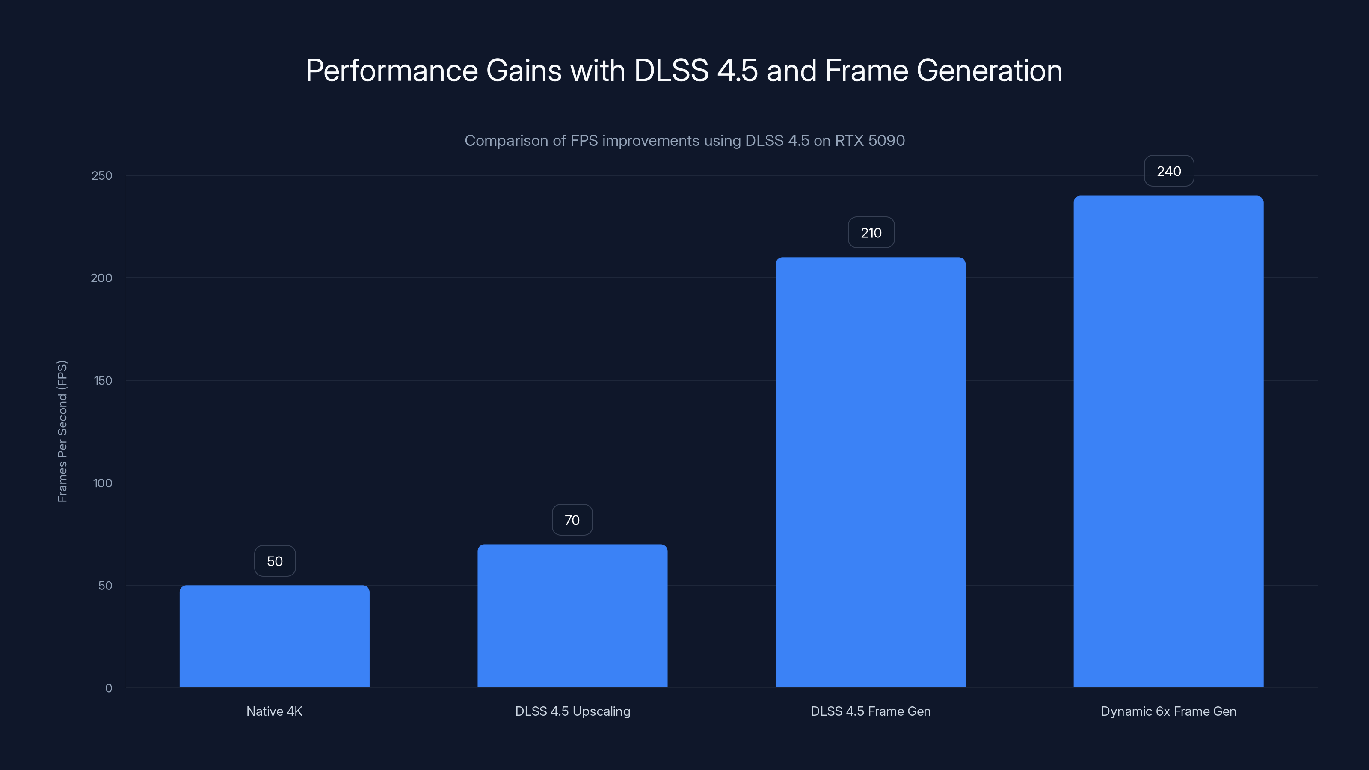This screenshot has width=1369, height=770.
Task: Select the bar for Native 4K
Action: tap(274, 636)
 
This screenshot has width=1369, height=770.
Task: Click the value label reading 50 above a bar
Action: tap(275, 561)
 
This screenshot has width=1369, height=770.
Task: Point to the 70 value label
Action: tap(572, 520)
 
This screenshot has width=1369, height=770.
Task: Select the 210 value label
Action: tap(871, 233)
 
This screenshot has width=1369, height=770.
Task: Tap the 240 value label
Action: tap(1169, 171)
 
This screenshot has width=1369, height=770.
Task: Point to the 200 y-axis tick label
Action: tap(101, 278)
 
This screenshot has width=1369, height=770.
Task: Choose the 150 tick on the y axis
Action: tap(103, 380)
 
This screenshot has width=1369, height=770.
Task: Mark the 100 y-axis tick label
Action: tap(103, 483)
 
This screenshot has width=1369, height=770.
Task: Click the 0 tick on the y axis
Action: tap(108, 688)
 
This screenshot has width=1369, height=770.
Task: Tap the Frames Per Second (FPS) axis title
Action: tap(62, 431)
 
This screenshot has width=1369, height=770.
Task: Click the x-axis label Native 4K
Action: tap(274, 711)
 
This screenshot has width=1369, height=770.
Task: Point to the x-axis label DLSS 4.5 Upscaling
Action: tap(572, 711)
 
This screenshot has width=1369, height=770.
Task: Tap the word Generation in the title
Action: tap(989, 71)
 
